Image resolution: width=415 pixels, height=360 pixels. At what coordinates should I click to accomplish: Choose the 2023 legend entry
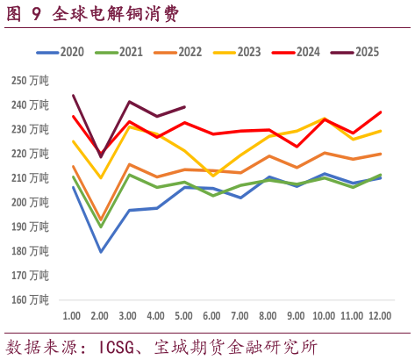point(240,52)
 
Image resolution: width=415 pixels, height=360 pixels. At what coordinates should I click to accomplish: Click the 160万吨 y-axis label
point(31,299)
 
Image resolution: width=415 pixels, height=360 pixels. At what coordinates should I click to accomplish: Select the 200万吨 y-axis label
point(31,202)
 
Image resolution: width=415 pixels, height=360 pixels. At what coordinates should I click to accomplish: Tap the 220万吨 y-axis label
point(31,154)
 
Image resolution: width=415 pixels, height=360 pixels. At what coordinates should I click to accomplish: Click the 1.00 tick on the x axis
point(73,315)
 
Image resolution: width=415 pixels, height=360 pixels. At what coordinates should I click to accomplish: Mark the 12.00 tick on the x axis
point(380,315)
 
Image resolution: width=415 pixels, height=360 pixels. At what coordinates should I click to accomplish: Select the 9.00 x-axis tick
point(296,315)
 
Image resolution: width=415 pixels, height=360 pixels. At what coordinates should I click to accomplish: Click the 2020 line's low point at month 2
point(101,252)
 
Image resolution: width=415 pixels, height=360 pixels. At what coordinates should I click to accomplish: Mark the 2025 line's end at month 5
point(184,107)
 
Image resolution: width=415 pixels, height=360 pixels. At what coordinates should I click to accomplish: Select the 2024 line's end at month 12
point(380,112)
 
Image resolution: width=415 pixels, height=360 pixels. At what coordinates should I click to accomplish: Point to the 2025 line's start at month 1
point(73,95)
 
